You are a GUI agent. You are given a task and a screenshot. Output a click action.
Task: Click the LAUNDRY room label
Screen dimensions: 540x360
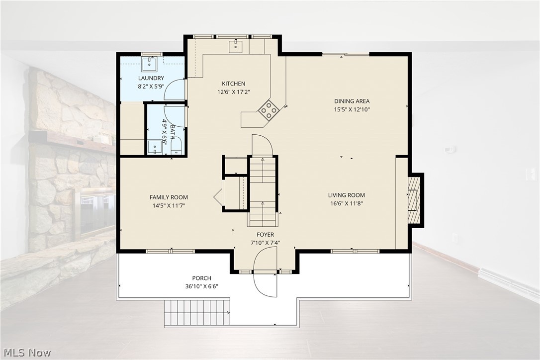(x=151, y=78)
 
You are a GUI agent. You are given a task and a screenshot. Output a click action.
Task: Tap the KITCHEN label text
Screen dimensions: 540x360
(x=234, y=84)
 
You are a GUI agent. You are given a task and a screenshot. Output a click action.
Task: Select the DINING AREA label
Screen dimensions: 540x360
(x=352, y=101)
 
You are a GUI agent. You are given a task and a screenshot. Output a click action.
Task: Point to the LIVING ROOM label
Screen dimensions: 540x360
(x=347, y=195)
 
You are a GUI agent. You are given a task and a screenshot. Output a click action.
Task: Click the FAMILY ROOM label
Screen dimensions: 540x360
(x=169, y=197)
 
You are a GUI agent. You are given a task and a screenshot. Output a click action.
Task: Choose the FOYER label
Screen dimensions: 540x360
(x=265, y=235)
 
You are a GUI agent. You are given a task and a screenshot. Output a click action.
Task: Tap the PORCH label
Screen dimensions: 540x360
(x=202, y=278)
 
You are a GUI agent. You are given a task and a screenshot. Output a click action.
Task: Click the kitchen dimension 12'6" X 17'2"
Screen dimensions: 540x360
(x=234, y=92)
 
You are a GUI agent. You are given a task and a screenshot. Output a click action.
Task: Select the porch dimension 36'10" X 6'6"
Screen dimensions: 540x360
(x=202, y=286)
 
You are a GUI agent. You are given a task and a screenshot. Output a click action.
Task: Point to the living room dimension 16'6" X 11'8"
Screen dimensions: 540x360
(x=347, y=203)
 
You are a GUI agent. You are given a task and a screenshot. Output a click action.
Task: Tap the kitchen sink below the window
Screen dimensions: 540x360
(x=236, y=46)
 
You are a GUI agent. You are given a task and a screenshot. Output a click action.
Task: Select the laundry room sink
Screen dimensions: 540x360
(x=150, y=63)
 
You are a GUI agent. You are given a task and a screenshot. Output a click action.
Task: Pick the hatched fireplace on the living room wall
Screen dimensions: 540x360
(x=414, y=200)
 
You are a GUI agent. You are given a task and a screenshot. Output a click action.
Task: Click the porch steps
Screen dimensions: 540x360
(x=196, y=312)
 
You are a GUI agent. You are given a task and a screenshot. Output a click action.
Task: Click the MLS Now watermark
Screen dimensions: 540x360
(x=27, y=353)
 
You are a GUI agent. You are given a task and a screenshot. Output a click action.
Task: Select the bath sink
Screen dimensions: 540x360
(x=155, y=148)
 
